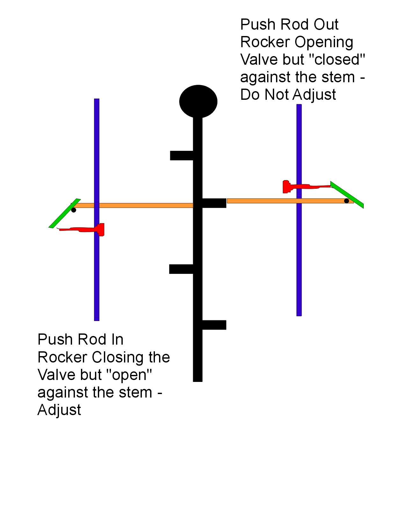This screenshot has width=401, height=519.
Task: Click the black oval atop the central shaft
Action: click(x=198, y=101)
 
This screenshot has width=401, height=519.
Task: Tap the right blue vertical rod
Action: click(x=299, y=255)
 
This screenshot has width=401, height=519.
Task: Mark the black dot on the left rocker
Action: click(x=74, y=210)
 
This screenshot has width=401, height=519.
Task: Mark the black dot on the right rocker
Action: click(x=346, y=201)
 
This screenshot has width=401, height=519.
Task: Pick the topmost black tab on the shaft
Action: click(x=182, y=156)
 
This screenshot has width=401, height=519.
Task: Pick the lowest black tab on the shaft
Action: click(x=214, y=325)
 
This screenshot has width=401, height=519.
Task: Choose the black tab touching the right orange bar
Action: click(x=214, y=203)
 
